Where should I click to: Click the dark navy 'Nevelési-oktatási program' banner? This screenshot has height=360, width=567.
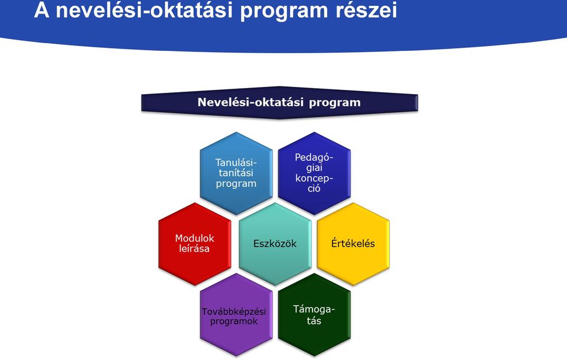279,102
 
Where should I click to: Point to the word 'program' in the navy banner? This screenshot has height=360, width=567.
334,103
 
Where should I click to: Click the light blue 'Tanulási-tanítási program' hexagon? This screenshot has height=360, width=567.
236,173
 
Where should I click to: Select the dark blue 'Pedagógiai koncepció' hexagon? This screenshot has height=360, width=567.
314,173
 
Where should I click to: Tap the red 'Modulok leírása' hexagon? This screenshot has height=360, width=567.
194,244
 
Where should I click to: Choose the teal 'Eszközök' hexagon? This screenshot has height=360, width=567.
275,244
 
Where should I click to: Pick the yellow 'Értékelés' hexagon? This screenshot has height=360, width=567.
353,244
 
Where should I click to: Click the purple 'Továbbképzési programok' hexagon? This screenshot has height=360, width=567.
236,314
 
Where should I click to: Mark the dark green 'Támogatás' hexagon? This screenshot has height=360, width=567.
314,314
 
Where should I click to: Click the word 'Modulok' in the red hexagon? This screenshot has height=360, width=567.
194,238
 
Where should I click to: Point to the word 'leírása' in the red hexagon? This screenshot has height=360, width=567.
194,248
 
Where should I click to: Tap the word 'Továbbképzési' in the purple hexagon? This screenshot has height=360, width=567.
234,312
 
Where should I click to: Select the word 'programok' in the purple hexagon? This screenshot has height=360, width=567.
234,322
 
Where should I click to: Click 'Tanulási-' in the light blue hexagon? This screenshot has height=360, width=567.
236,163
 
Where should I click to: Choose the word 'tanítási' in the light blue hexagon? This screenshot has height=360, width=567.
236,173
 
